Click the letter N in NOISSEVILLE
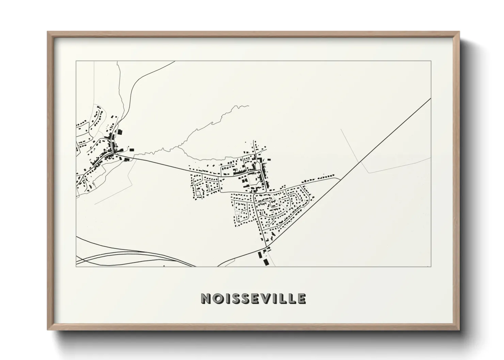click(x=206, y=298)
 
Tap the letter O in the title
click(x=216, y=298)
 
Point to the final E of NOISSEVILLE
click(x=301, y=298)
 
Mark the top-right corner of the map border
click(x=431, y=61)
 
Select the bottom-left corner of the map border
click(x=76, y=266)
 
